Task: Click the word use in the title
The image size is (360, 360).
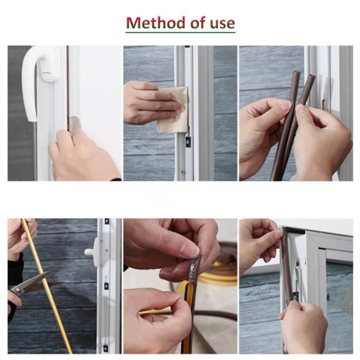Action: tap(222, 23)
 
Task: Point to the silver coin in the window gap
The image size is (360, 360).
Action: tap(74, 124)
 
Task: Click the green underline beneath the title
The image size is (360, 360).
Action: tap(181, 32)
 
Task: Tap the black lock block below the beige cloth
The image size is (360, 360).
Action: tap(188, 141)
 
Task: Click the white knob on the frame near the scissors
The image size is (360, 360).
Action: tap(90, 252)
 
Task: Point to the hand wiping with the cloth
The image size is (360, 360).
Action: tap(152, 103)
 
